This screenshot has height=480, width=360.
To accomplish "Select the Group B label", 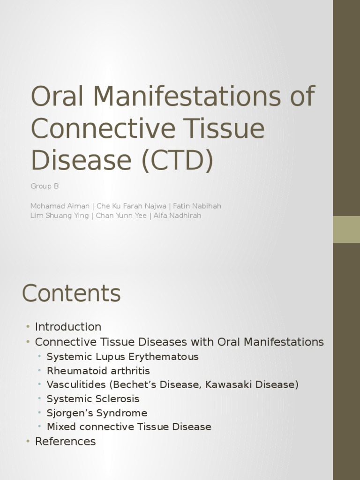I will pos(45,186).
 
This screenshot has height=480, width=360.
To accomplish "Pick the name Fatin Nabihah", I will pos(197,206).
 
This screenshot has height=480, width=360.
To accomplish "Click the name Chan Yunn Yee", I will pos(121,216).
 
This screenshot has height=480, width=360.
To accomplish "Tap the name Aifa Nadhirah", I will pos(177,216).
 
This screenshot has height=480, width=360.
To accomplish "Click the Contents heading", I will pos(71,294).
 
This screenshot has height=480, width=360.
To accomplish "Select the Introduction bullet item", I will pos(68,327).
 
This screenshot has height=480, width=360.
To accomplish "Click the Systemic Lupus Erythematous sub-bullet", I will pos(122,357).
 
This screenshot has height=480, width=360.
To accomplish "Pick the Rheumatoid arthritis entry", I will pos(98,371).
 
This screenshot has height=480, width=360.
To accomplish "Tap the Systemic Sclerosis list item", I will pos(93,399).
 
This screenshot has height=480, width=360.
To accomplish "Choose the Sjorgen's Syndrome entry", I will pos(97,413).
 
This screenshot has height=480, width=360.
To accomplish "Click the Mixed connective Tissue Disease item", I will pos(129,427).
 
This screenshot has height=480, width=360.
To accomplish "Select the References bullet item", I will pos(65,442).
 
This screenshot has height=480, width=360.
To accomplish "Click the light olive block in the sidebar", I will pos(346,229).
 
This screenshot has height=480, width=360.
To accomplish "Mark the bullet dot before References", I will pos(28,442).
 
